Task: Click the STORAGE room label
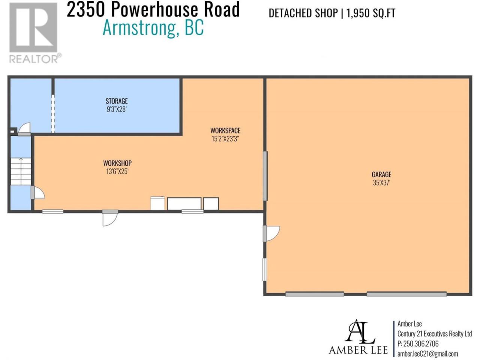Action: click(117, 101)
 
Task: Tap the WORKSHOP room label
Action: click(117, 163)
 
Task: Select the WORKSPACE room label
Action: click(225, 130)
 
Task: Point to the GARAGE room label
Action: click(382, 174)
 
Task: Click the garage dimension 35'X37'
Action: click(382, 183)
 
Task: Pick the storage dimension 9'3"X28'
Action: click(117, 109)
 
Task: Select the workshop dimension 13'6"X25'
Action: click(117, 171)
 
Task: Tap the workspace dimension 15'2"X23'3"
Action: click(225, 139)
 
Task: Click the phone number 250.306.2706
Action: click(421, 343)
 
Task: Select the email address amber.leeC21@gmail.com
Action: click(427, 354)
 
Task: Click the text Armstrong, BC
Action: click(153, 28)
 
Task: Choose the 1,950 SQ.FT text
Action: click(370, 13)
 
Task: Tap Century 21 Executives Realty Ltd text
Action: click(435, 334)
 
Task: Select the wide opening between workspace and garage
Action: click(265, 176)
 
